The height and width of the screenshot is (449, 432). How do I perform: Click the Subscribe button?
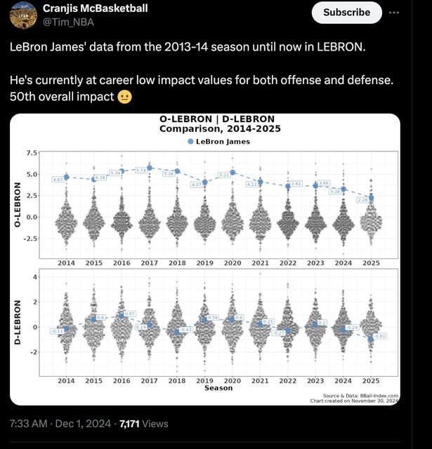point(346,13)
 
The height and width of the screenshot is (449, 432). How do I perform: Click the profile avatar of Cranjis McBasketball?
point(21,15)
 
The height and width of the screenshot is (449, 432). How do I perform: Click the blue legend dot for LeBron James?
point(190,142)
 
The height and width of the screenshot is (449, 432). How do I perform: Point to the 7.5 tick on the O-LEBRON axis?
point(32,153)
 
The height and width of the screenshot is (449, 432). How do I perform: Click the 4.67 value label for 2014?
point(58,180)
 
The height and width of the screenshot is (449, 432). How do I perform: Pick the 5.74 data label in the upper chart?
point(140,170)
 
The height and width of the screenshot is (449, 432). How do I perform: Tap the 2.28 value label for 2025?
point(362,200)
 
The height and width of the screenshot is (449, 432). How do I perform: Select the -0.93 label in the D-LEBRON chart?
point(380,336)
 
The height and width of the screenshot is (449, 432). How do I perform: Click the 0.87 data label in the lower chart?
point(129,314)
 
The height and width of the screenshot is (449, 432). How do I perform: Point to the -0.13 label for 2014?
point(58,330)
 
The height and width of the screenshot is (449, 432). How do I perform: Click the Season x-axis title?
point(218,388)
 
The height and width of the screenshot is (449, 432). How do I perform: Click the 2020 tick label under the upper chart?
point(233,262)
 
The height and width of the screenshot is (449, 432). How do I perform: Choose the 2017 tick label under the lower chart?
point(149,380)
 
